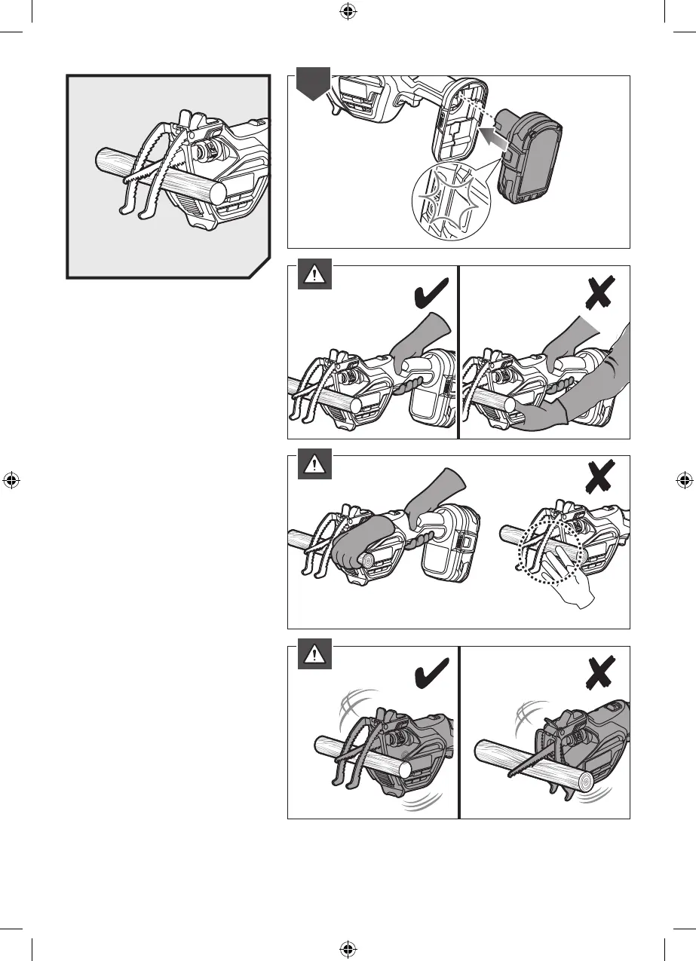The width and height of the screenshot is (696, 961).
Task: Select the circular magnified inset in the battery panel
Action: [x=446, y=201]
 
